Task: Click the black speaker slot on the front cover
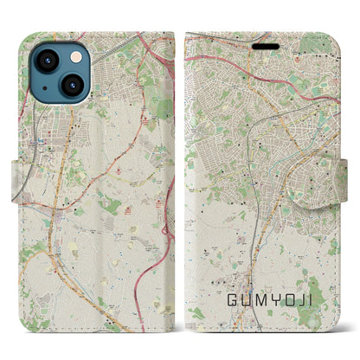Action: [267, 47]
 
